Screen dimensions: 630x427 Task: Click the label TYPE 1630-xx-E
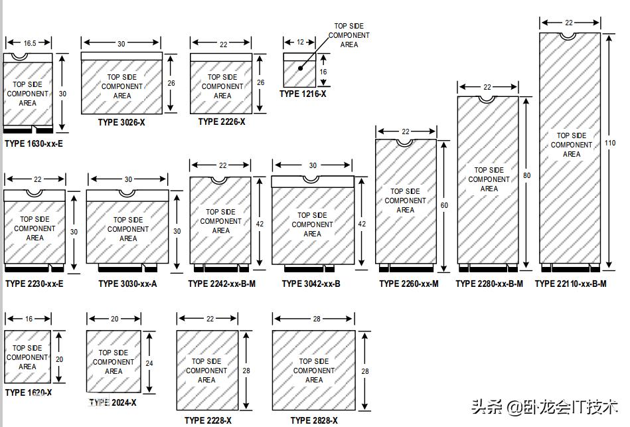[x=34, y=143]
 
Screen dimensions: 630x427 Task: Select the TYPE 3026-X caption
[x=121, y=122]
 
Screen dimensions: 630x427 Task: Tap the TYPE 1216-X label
[x=303, y=94]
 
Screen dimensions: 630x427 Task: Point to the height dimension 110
[x=610, y=143]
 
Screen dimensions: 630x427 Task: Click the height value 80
[x=526, y=175]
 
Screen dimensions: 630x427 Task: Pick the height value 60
[x=444, y=205]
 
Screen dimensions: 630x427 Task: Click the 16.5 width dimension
[x=30, y=43]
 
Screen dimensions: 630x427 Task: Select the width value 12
[x=300, y=42]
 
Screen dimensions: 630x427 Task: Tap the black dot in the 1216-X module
[x=301, y=68]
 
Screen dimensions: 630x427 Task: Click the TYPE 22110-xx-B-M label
[x=570, y=284]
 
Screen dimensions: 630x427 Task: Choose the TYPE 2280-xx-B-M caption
[x=489, y=284]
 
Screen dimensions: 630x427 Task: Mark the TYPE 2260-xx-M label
[x=409, y=284]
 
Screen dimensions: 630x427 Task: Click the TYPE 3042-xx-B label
[x=311, y=284]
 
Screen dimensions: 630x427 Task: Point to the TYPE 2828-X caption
[x=314, y=420]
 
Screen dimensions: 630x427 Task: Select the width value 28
[x=317, y=319]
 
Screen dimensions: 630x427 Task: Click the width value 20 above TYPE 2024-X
[x=114, y=319]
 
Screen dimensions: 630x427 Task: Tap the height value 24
[x=149, y=363]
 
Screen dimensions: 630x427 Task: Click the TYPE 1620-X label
[x=28, y=392]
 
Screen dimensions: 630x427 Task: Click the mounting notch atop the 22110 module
[x=568, y=36]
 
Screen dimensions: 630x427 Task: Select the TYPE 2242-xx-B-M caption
[x=222, y=284]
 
